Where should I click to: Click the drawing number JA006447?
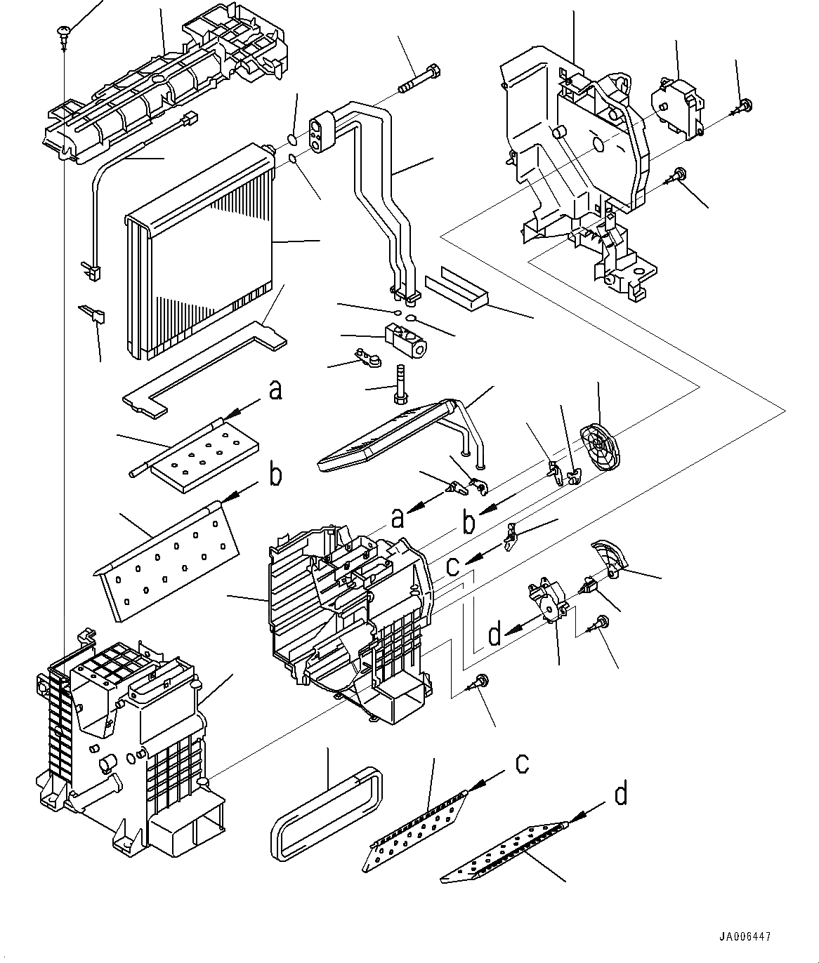point(744,936)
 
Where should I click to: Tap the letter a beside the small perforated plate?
point(275,390)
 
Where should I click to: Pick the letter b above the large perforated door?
point(275,475)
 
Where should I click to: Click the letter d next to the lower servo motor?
point(495,635)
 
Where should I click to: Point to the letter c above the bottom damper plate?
point(522,763)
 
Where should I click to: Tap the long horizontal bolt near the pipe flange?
point(419,79)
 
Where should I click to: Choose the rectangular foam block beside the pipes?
point(457,289)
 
